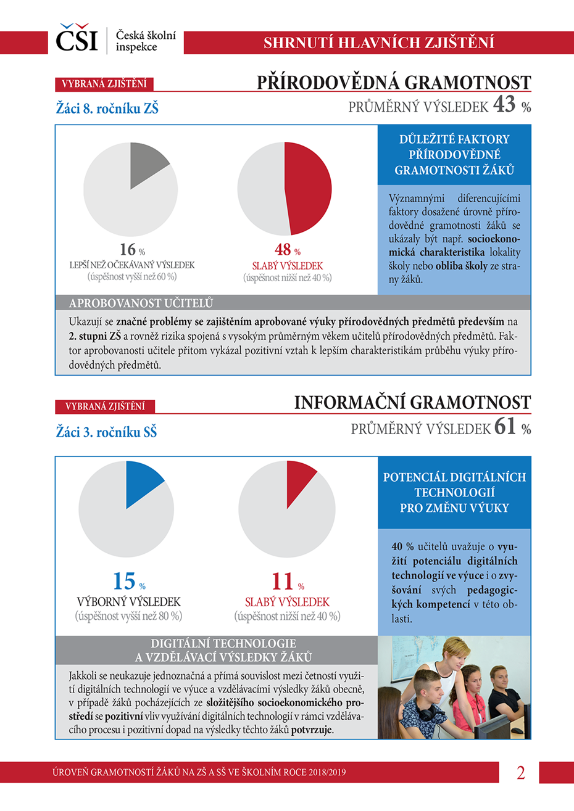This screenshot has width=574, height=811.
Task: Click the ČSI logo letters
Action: click(x=77, y=39)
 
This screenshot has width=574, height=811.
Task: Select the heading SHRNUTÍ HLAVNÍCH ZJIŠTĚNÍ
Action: click(x=378, y=43)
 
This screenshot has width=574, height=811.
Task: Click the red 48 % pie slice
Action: click(x=308, y=188)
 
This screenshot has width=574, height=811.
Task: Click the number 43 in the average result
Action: click(x=504, y=104)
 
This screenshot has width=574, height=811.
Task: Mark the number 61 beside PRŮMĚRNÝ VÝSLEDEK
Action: click(x=505, y=426)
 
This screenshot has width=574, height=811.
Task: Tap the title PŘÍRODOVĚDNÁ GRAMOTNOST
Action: click(x=394, y=82)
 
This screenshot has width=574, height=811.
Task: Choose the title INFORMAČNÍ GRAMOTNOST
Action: click(x=412, y=403)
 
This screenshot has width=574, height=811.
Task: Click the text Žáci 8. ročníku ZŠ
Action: click(x=107, y=109)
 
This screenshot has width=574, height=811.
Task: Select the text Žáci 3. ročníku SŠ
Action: click(x=106, y=432)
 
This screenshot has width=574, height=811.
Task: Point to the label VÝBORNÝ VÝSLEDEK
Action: click(x=128, y=602)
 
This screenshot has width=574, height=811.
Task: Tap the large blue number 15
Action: click(x=123, y=582)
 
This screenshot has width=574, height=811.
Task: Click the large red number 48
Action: click(x=283, y=250)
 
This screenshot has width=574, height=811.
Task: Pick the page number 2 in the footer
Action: click(x=520, y=773)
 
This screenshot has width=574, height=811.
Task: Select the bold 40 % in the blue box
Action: click(x=402, y=546)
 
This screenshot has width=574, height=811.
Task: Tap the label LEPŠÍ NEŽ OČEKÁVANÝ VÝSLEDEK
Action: click(x=132, y=265)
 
